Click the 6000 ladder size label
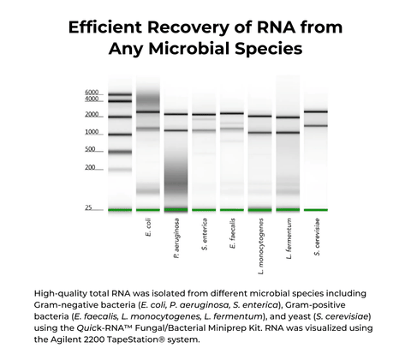coord(92,93)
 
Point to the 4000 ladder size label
coord(92,99)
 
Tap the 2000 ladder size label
coord(92,115)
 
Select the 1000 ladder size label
coord(92,132)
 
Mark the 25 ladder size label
coord(89,208)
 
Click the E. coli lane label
coord(148,227)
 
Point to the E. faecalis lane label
coord(233,231)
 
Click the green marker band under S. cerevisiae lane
coord(316,209)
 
